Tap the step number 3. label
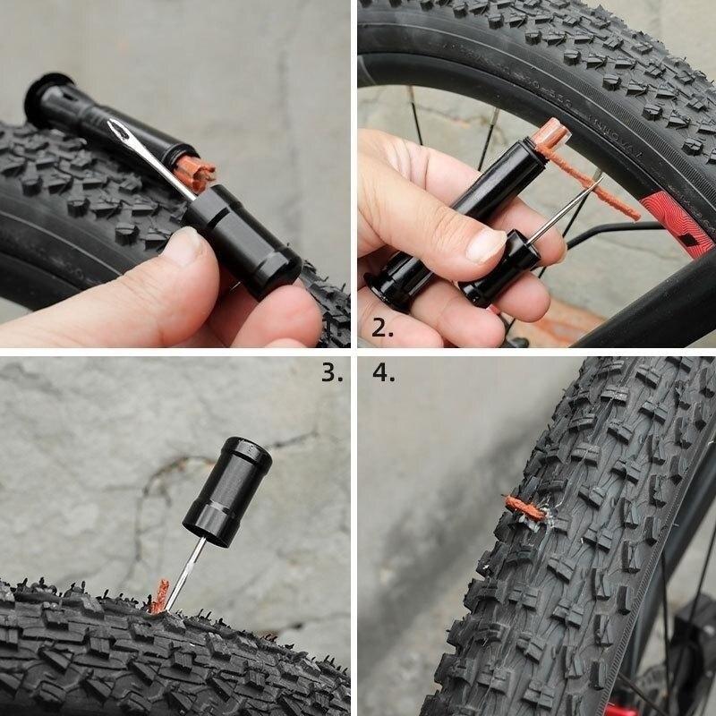point(332,372)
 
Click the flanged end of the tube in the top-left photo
point(44,94)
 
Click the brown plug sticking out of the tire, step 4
point(524,508)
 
